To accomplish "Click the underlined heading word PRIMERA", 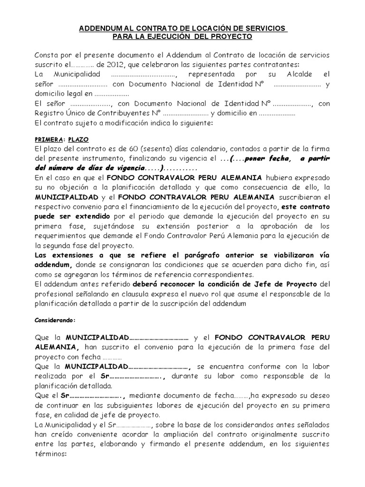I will click(x=49, y=140).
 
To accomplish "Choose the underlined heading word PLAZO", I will click(x=75, y=140).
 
